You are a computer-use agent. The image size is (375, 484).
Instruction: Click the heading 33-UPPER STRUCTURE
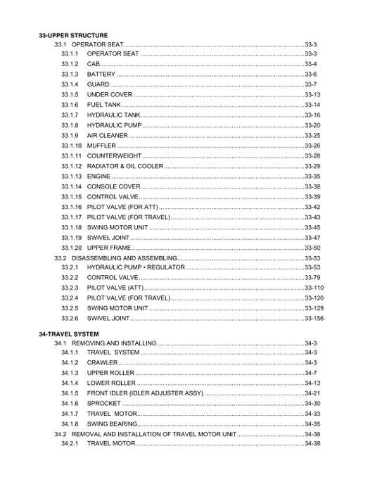(x=73, y=34)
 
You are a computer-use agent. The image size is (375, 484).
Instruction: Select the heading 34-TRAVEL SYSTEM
(x=68, y=333)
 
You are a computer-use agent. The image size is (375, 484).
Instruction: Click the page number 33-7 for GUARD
(x=312, y=84)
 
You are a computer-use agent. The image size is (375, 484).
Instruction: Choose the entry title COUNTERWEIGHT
(x=115, y=155)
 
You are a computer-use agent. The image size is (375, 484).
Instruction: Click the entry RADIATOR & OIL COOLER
(x=125, y=166)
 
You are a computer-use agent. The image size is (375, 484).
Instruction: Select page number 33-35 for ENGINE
(x=312, y=176)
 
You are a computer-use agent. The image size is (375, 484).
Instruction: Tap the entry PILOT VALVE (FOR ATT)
(x=122, y=207)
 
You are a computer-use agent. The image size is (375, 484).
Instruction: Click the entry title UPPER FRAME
(x=109, y=248)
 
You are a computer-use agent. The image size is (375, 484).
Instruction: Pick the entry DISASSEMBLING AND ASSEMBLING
(x=124, y=258)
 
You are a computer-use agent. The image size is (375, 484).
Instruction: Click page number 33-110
(x=314, y=288)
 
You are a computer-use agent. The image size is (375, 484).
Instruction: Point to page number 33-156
(x=314, y=319)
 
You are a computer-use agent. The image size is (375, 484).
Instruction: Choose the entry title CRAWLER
(x=102, y=363)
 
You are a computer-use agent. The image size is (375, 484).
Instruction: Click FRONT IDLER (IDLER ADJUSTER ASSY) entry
(x=145, y=393)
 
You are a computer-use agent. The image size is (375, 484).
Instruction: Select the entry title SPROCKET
(x=104, y=404)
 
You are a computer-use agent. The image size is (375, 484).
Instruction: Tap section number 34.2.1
(x=69, y=444)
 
